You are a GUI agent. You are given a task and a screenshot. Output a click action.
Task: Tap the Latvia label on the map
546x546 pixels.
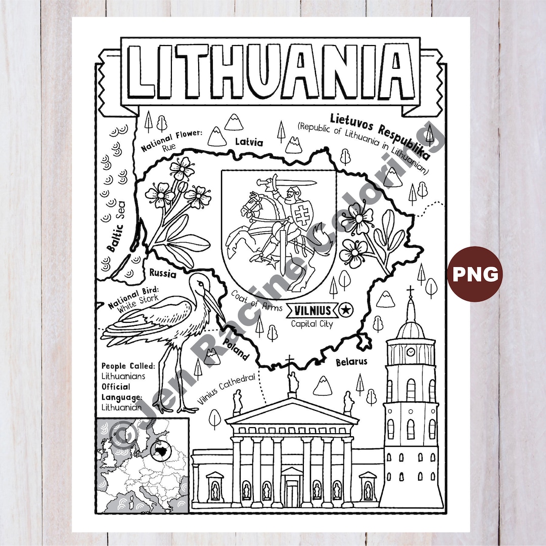pos(249,143)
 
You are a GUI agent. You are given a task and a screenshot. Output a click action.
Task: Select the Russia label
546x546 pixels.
pos(163,274)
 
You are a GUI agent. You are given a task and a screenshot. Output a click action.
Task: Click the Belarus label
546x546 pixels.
pos(351,362)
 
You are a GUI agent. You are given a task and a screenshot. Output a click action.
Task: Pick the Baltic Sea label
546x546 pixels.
pos(116,231)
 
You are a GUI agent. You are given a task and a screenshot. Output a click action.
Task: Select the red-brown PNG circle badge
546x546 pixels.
pos(475,274)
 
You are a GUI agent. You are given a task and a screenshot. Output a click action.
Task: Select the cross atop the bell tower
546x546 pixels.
pos(410,291)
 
